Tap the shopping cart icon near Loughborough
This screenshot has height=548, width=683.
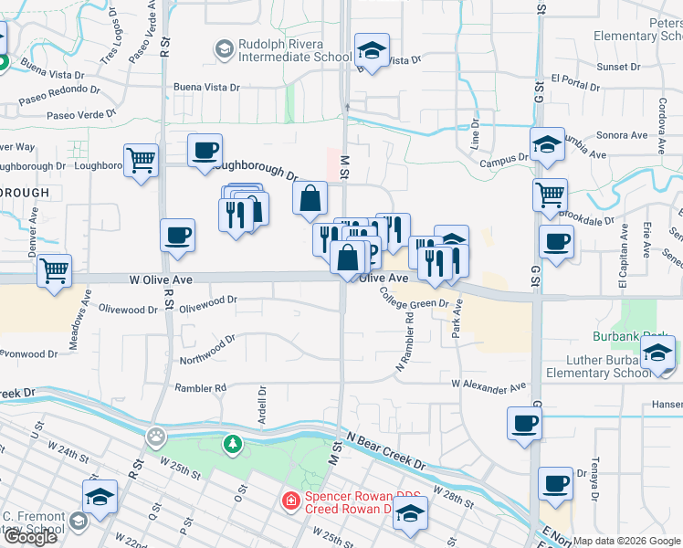(x=141, y=162)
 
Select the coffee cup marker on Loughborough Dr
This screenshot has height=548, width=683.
(x=205, y=150)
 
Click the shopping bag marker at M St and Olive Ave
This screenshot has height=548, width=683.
(x=349, y=258)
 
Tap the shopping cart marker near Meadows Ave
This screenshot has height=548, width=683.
(x=55, y=271)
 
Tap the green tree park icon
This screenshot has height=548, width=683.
(x=233, y=444)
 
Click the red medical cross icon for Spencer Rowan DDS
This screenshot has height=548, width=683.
(x=290, y=501)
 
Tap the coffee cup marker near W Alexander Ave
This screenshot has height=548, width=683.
(x=525, y=424)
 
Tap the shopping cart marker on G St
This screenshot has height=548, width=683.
(x=549, y=195)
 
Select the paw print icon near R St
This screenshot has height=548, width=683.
(x=158, y=436)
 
